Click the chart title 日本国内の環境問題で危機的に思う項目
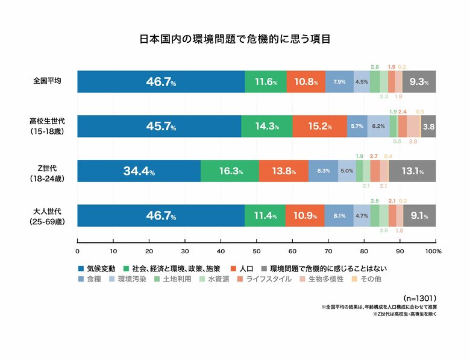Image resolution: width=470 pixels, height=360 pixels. [x=234, y=40]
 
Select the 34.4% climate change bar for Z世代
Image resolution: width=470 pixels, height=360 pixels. [x=139, y=171]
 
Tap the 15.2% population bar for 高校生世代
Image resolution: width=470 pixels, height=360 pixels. [x=319, y=126]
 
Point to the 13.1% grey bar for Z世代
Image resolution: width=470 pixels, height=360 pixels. [x=412, y=171]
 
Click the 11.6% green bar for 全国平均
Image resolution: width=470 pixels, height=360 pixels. [x=266, y=81]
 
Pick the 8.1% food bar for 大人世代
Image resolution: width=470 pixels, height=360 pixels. [x=339, y=215]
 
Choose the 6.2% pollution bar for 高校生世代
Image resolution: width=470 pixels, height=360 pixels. [x=378, y=126]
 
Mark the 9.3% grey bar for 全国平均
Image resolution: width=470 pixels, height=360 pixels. [x=419, y=81]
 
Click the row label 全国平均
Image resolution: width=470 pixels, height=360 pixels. [x=47, y=81]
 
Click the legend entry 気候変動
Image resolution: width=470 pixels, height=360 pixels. [x=96, y=267]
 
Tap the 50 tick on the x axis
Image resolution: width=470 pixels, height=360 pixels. [x=256, y=250]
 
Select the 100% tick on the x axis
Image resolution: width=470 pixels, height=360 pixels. [x=433, y=250]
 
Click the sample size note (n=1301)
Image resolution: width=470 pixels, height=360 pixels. [x=418, y=298]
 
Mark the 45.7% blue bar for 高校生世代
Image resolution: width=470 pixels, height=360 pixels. [x=160, y=126]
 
